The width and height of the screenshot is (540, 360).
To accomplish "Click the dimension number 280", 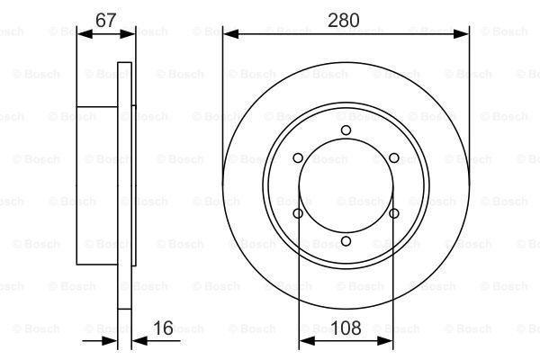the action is point(344,21).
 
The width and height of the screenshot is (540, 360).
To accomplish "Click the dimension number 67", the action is point(105,20).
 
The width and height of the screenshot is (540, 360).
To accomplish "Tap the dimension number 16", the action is point(163,328).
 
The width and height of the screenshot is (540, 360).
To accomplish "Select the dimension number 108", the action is point(346,328).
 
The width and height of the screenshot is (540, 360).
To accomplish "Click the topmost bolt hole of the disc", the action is point(346,130).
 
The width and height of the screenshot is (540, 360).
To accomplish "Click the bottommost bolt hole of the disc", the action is point(346,241).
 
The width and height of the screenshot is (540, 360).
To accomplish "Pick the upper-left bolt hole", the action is point(298,158).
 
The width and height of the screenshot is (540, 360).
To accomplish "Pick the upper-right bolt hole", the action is point(393,158).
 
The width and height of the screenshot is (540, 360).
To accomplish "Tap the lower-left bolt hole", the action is point(298,213).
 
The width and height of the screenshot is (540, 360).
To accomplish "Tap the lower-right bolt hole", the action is point(393,213).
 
